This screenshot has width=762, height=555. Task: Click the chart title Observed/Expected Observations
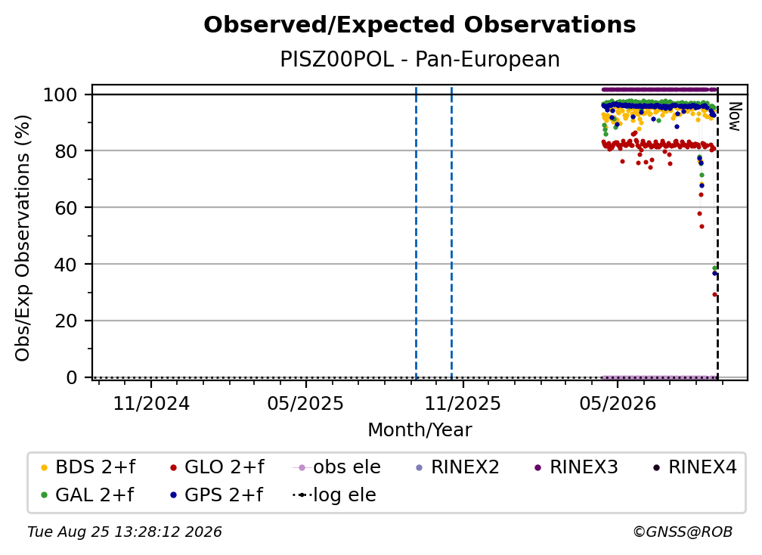pyautogui.click(x=420, y=25)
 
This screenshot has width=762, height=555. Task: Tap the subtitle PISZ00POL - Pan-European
pyautogui.click(x=420, y=59)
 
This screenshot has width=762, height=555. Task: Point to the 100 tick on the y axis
pyautogui.click(x=60, y=95)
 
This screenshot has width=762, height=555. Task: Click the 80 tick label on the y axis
pyautogui.click(x=66, y=151)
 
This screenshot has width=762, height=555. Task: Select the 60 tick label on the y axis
pyautogui.click(x=66, y=207)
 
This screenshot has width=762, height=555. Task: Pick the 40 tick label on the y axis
pyautogui.click(x=66, y=265)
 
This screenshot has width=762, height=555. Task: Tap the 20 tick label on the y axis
pyautogui.click(x=66, y=321)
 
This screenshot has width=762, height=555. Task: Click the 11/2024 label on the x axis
pyautogui.click(x=151, y=403)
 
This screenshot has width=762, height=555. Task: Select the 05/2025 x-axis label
pyautogui.click(x=305, y=403)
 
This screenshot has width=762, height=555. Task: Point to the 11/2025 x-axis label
pyautogui.click(x=463, y=403)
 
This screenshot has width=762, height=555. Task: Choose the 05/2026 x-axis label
pyautogui.click(x=618, y=403)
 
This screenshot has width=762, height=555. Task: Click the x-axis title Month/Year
pyautogui.click(x=420, y=430)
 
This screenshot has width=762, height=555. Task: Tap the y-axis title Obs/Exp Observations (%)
pyautogui.click(x=23, y=238)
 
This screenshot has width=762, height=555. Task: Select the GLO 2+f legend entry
pyautogui.click(x=217, y=467)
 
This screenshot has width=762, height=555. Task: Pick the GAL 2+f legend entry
pyautogui.click(x=87, y=495)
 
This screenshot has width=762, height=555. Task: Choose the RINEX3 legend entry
pyautogui.click(x=576, y=467)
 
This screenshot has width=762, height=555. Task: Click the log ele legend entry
pyautogui.click(x=334, y=495)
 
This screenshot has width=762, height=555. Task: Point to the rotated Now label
pyautogui.click(x=734, y=116)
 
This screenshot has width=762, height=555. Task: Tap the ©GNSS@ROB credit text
pyautogui.click(x=683, y=532)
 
